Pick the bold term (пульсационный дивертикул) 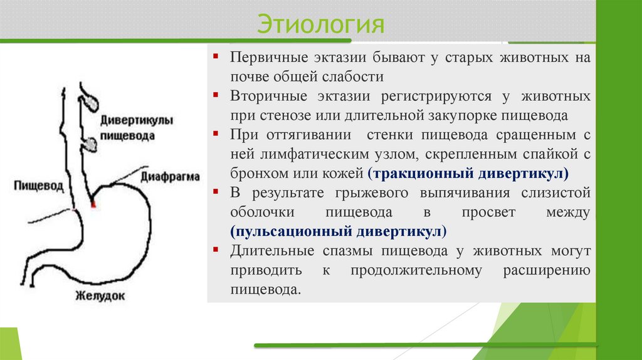point(339,231)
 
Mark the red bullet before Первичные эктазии point(215,56)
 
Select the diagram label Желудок point(100,295)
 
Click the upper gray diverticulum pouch point(90,98)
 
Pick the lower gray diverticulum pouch point(91,144)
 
